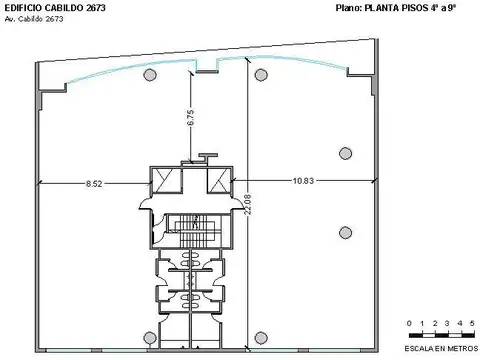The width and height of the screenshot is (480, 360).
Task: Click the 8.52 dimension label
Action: tap(95, 183)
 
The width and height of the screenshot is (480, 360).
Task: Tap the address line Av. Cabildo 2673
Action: tap(35, 19)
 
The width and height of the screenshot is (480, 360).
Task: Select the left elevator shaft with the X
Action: tap(164, 181)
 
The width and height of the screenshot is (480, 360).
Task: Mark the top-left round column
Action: tap(149, 75)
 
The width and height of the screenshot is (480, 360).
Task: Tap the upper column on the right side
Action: tap(346, 152)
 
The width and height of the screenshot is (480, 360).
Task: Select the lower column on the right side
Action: tap(346, 231)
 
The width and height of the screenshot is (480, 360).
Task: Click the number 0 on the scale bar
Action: tap(411, 324)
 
